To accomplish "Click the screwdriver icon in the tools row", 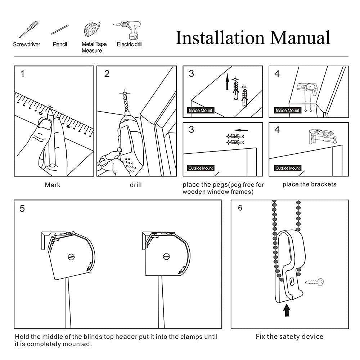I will click(29, 30).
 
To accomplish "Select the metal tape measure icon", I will click(91, 30).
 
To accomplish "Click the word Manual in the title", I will click(300, 38).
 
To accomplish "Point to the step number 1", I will click(23, 74).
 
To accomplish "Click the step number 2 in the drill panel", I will click(107, 74).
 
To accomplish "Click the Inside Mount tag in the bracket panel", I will click(287, 111).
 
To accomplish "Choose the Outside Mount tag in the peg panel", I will click(201, 168).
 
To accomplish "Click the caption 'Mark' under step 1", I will click(53, 185).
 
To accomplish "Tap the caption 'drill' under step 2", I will click(136, 185).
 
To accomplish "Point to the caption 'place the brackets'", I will click(309, 184).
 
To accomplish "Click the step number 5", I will click(22, 209).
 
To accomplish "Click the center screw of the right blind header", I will click(166, 257).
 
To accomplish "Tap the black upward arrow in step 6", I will click(287, 310).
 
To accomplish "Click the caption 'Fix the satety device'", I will click(289, 337).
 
